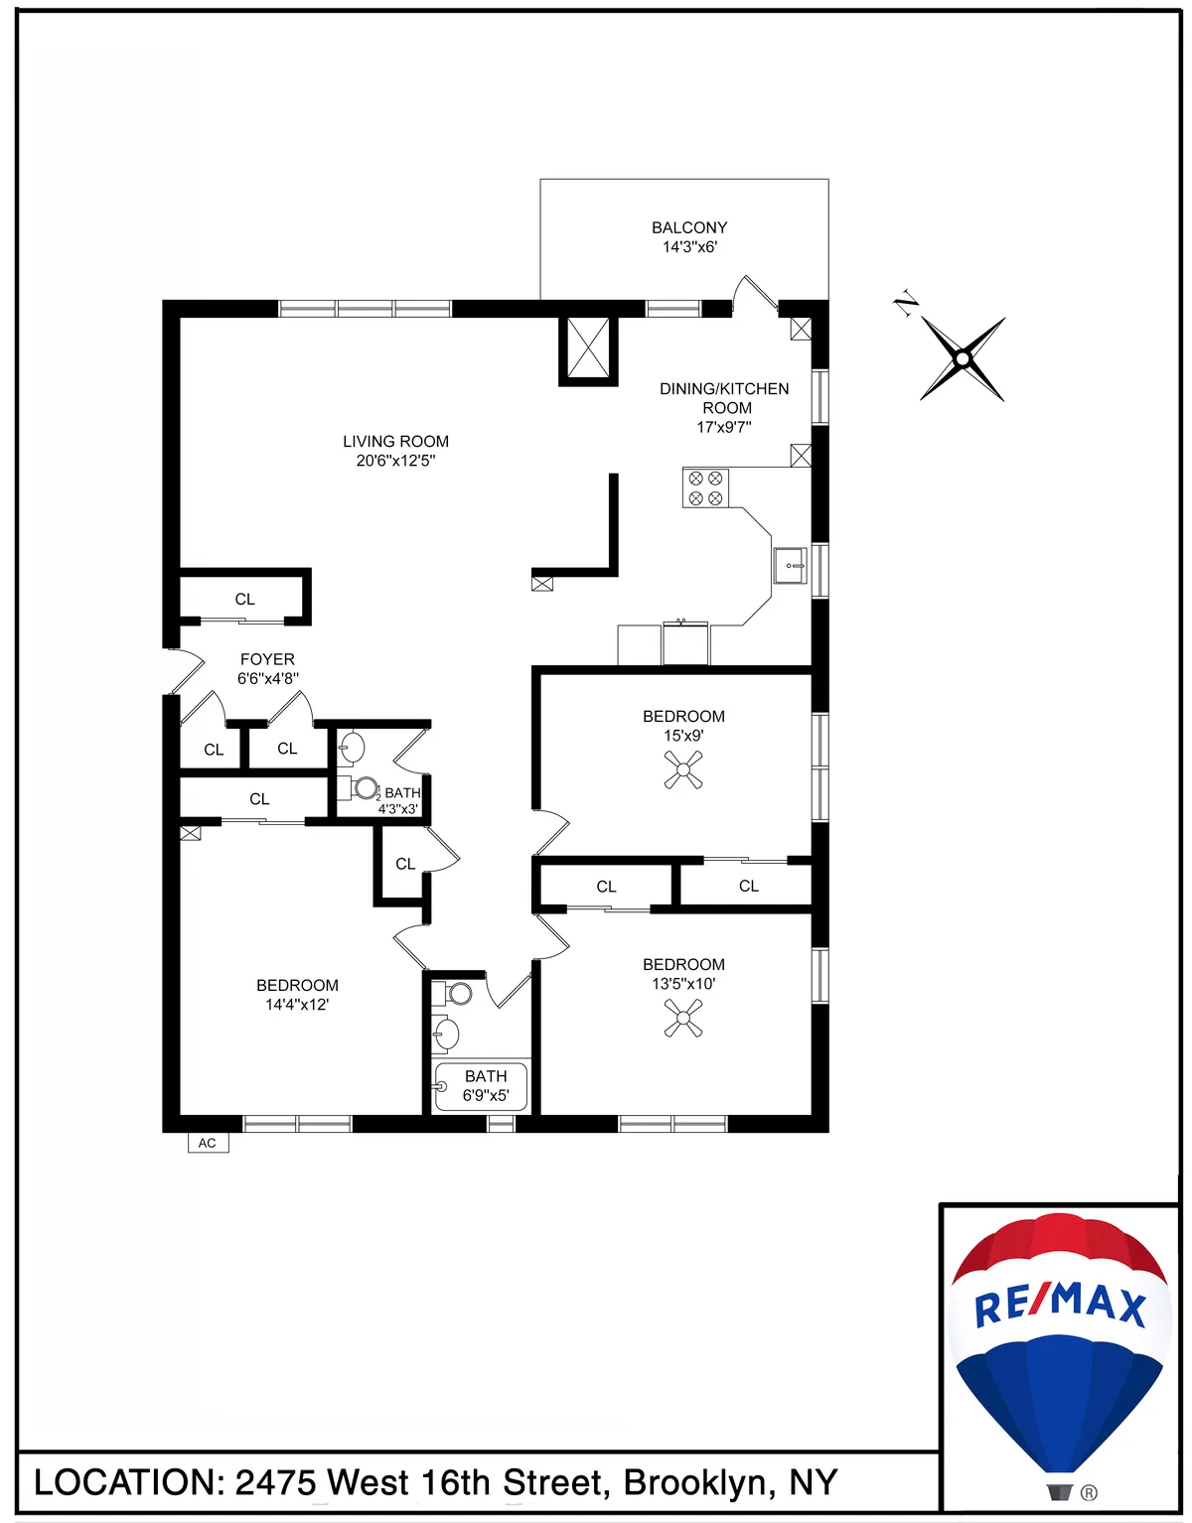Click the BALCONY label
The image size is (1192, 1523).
(x=689, y=228)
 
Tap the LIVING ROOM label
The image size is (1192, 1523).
(x=395, y=442)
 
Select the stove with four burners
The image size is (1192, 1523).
(x=705, y=487)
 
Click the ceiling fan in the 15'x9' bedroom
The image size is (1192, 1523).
(x=683, y=769)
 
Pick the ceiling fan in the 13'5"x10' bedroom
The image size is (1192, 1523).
(x=683, y=1018)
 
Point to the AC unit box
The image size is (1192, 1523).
(x=208, y=1143)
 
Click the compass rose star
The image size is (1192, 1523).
(x=962, y=358)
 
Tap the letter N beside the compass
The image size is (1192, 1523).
(x=905, y=305)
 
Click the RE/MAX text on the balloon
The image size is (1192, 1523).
(x=1059, y=1305)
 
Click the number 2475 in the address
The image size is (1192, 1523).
(x=275, y=1482)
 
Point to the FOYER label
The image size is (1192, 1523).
(x=267, y=659)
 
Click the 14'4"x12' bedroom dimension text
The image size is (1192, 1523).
(x=297, y=1005)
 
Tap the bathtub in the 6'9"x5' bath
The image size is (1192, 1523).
(x=482, y=1087)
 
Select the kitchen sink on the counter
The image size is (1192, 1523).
(x=791, y=565)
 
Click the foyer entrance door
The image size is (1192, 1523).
(x=185, y=670)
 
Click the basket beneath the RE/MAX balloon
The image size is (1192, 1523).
(x=1059, y=1491)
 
